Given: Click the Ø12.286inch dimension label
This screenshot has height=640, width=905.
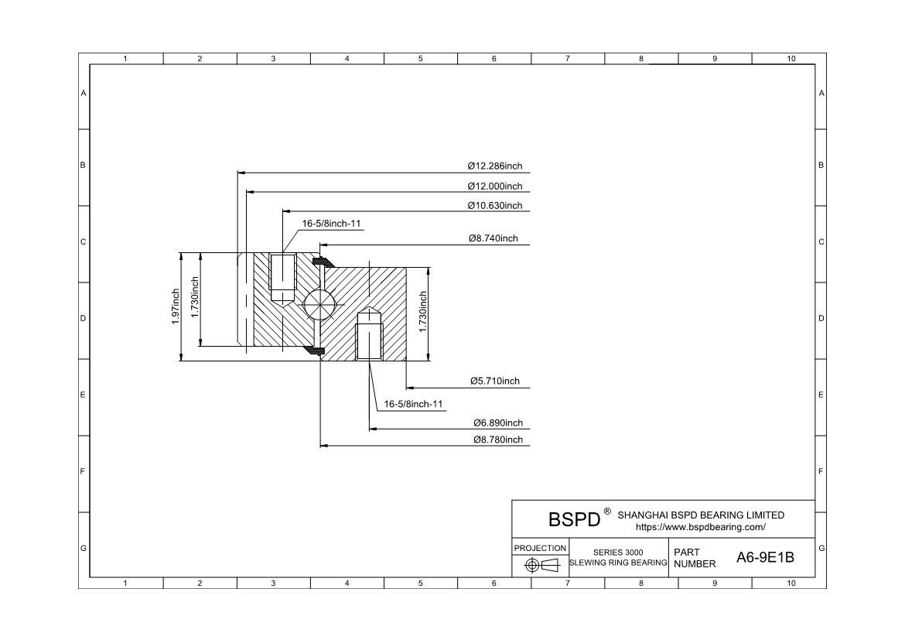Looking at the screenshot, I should (495, 166).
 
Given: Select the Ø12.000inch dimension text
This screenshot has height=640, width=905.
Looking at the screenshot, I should (495, 186).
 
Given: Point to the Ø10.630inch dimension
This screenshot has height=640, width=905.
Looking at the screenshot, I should (495, 205).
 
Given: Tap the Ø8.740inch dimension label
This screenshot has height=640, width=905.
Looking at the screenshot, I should (493, 238).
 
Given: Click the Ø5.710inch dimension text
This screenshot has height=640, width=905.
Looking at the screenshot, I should (495, 381).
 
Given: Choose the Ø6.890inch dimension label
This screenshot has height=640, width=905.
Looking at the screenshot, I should (497, 423).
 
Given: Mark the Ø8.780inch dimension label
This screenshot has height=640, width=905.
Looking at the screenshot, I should (497, 440).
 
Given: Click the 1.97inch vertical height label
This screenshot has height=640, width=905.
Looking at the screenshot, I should (176, 306).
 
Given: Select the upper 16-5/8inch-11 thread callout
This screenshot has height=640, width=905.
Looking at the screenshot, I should (332, 224).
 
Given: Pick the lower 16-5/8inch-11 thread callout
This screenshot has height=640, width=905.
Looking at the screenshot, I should (415, 404).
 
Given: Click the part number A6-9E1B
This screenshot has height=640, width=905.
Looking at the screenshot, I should (764, 557).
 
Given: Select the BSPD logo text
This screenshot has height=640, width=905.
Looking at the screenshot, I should (574, 519).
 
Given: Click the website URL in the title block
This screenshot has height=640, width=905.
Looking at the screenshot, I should (700, 527).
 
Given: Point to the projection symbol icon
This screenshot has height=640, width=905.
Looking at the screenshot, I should (541, 565).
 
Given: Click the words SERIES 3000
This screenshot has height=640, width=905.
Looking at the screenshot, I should (618, 552).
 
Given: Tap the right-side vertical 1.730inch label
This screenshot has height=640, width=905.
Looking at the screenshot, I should (423, 312).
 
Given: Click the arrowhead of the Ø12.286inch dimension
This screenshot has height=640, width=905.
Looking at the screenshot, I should (241, 172).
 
